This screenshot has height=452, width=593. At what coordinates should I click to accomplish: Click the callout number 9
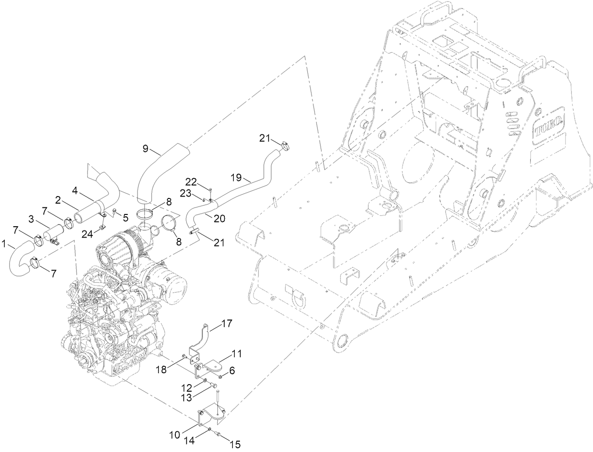pos(146,149)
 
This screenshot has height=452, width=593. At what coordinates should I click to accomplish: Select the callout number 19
pos(236,178)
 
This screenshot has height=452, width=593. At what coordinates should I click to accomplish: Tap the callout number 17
pos(227,324)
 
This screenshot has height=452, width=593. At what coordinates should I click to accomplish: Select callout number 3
pos(31,219)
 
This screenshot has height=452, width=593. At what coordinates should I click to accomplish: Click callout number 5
pos(125,218)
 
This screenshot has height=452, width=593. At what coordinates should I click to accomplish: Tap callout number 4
pos(74,191)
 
